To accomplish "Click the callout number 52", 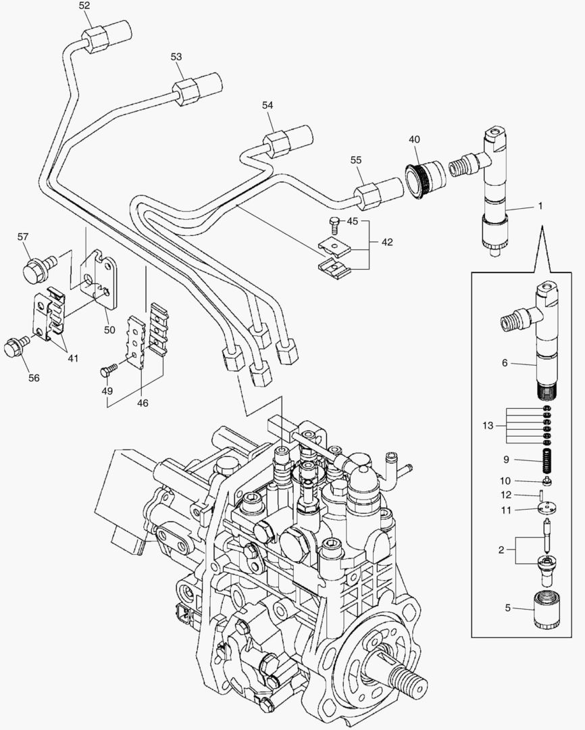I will tap(84, 5).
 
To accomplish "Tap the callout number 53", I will tap(176, 57).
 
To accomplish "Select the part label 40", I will tap(414, 139).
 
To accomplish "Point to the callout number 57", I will tap(23, 237).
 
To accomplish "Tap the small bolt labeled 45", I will tap(332, 222).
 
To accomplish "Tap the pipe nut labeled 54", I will tap(276, 142).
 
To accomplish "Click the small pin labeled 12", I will tap(544, 497).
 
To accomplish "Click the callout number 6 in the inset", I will tap(503, 363).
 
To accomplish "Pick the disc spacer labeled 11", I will tap(544, 510).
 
